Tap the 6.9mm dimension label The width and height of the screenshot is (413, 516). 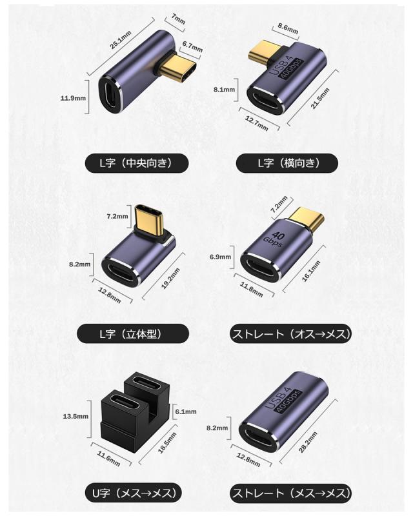coord(220,257)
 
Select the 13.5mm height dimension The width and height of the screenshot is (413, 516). coord(76,417)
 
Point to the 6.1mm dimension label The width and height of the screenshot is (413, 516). coord(186,411)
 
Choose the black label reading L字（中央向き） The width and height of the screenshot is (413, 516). coord(137,163)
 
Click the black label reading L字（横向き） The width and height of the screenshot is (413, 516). coord(288,163)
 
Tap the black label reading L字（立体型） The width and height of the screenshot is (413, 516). coord(134,333)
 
